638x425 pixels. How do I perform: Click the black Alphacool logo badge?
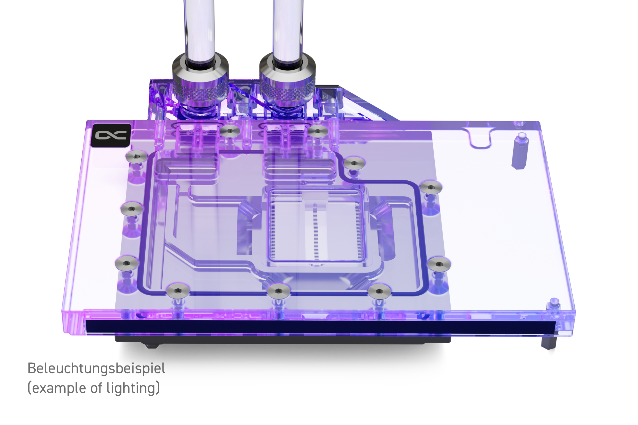(111, 135)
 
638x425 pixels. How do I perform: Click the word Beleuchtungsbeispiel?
(96, 368)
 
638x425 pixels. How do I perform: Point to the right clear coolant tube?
(288, 30)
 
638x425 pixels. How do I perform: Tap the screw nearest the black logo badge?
(136, 156)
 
